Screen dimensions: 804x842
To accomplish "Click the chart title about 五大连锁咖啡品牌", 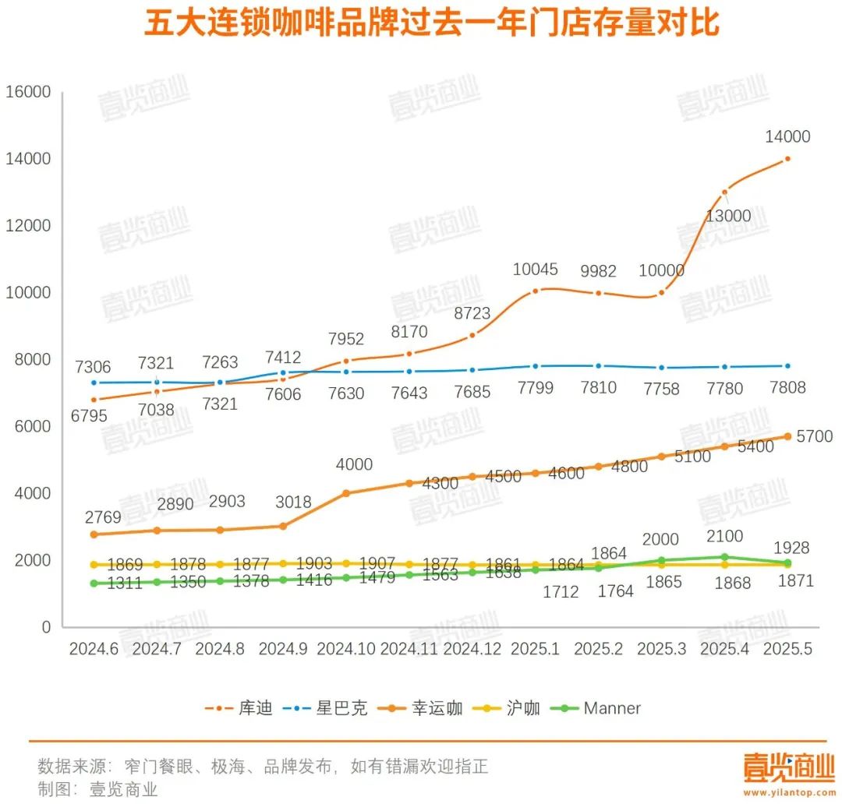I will [431, 24].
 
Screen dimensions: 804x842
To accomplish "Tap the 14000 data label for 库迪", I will [787, 137].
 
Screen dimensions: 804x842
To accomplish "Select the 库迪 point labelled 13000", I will [725, 192].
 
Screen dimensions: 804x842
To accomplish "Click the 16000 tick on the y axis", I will [28, 92].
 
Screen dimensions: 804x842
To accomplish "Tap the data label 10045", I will [536, 270].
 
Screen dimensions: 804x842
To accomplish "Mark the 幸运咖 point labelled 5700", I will [788, 436].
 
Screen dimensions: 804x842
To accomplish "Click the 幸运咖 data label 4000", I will [353, 464].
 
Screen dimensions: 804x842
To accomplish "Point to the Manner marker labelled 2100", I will [725, 557].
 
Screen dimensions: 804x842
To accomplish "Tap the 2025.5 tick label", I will [787, 649].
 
